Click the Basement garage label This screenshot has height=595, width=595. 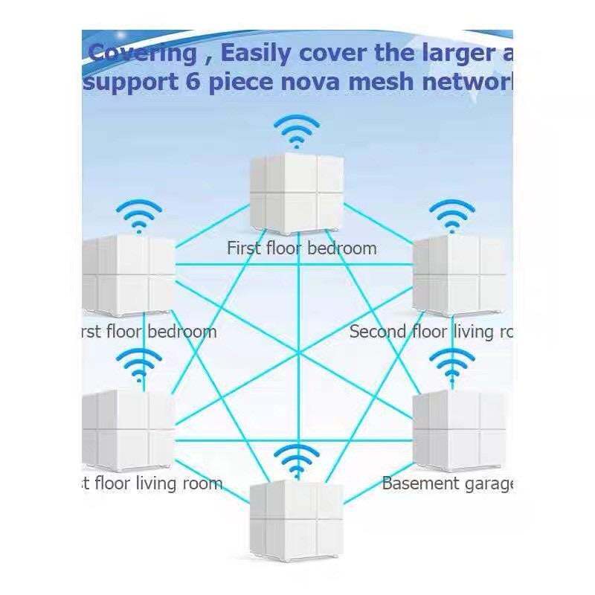pyautogui.click(x=447, y=484)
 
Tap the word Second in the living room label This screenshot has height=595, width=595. pyautogui.click(x=378, y=331)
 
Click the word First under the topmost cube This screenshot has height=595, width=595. pyautogui.click(x=245, y=248)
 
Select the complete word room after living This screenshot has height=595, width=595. pyautogui.click(x=199, y=484)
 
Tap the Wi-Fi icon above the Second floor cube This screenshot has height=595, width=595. pyautogui.click(x=452, y=215)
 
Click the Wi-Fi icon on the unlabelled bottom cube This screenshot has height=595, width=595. pyautogui.click(x=296, y=461)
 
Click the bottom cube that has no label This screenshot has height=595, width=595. pyautogui.click(x=296, y=521)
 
